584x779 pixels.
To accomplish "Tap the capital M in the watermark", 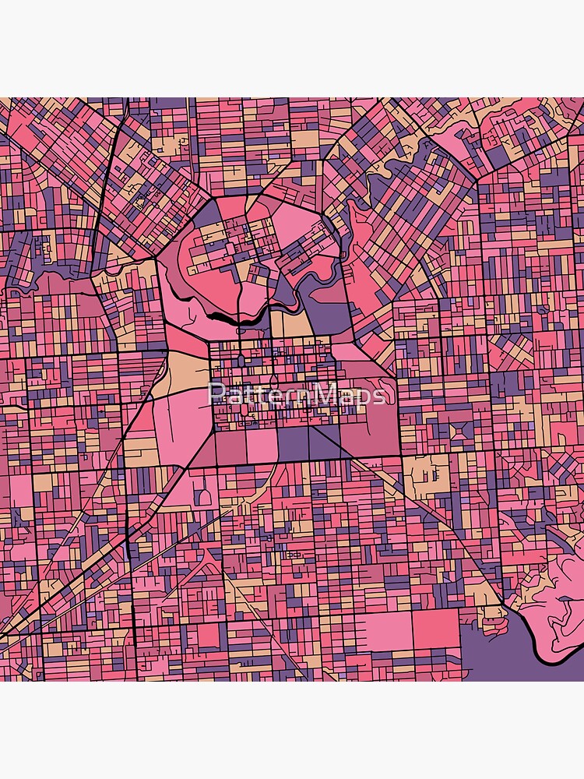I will click(327, 394).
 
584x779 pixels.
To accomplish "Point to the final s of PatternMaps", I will click(378, 396).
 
